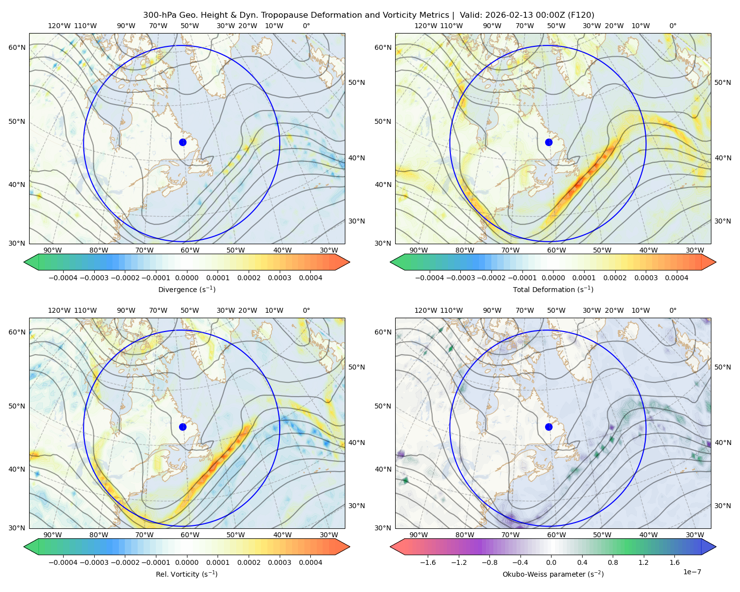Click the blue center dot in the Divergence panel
pyautogui.click(x=183, y=142)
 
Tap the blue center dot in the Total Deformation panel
pyautogui.click(x=549, y=142)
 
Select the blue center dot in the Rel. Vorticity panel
pyautogui.click(x=183, y=427)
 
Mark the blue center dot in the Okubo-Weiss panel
pyautogui.click(x=549, y=427)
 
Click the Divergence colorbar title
pyautogui.click(x=186, y=289)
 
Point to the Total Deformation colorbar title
pyautogui.click(x=553, y=289)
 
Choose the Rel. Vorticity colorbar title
pyautogui.click(x=186, y=574)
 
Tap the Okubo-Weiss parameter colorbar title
pyautogui.click(x=553, y=574)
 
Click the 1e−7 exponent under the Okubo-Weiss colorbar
pyautogui.click(x=692, y=572)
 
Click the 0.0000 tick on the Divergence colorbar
pyautogui.click(x=186, y=278)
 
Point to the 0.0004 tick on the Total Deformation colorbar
pyautogui.click(x=676, y=278)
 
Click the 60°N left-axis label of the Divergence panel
pyautogui.click(x=17, y=47)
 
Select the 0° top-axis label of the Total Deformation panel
pyautogui.click(x=672, y=26)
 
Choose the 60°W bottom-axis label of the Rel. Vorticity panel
pyautogui.click(x=190, y=535)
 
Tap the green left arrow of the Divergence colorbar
pyautogui.click(x=31, y=262)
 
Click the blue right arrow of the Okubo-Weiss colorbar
pyautogui.click(x=709, y=547)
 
